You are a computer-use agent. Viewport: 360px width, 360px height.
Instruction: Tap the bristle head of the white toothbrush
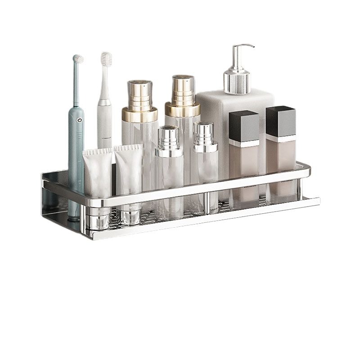pos(107,58)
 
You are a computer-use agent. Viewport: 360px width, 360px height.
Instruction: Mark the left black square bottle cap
pos(244,126)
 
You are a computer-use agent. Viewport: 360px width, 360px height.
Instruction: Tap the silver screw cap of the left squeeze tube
pos(99,219)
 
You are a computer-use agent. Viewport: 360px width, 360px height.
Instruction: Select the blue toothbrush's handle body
pos(75,148)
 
